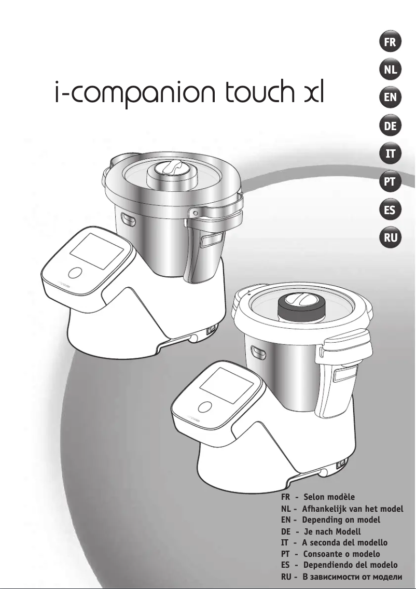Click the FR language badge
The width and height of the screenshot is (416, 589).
[390, 43]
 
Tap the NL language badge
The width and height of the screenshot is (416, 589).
[390, 71]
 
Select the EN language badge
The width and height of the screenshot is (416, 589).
[390, 98]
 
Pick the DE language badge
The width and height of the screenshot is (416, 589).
[390, 126]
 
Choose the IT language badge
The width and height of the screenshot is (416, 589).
[390, 154]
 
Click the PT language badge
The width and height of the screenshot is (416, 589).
[390, 182]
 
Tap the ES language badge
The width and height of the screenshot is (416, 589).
[390, 210]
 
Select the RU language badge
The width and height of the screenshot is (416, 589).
[390, 238]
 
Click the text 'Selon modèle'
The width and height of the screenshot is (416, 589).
[329, 497]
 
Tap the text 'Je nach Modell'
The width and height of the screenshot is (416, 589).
[331, 531]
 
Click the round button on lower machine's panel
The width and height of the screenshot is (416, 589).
[206, 408]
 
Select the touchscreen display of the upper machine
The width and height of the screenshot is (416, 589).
[96, 250]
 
